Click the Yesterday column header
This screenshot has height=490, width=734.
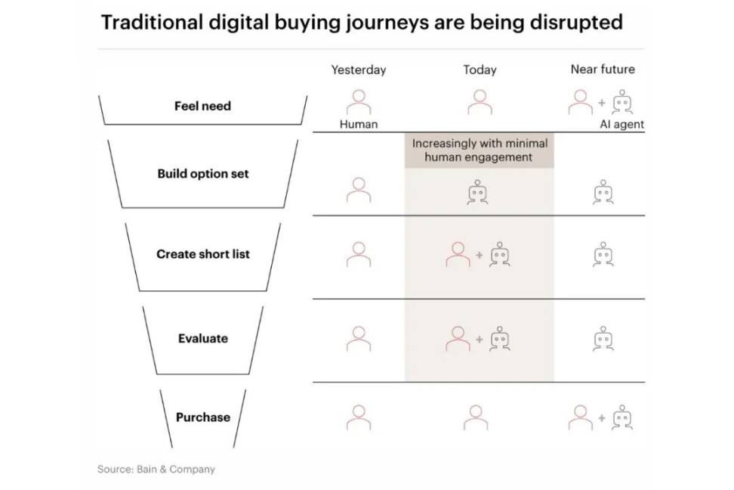[359, 70]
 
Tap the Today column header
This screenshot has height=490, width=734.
[480, 70]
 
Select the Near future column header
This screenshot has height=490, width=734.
[603, 70]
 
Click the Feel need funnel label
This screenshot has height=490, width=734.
[202, 106]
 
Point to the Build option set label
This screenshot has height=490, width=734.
[202, 174]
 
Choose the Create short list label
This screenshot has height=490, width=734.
[202, 254]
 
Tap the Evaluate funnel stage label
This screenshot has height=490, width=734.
[202, 339]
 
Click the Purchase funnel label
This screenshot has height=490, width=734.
[202, 417]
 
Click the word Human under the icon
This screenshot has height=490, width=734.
[359, 124]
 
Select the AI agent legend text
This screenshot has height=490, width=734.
[621, 124]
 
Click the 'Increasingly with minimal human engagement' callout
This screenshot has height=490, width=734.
[480, 150]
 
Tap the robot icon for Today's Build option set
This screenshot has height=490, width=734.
[477, 192]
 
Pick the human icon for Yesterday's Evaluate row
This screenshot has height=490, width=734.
[359, 339]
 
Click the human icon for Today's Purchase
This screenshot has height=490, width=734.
[476, 418]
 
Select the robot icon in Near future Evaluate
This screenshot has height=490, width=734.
[603, 339]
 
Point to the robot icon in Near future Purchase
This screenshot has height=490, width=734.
[622, 417]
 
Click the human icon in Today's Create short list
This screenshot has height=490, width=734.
[458, 255]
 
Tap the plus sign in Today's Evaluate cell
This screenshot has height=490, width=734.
[479, 339]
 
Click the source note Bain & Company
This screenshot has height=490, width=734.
[175, 470]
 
